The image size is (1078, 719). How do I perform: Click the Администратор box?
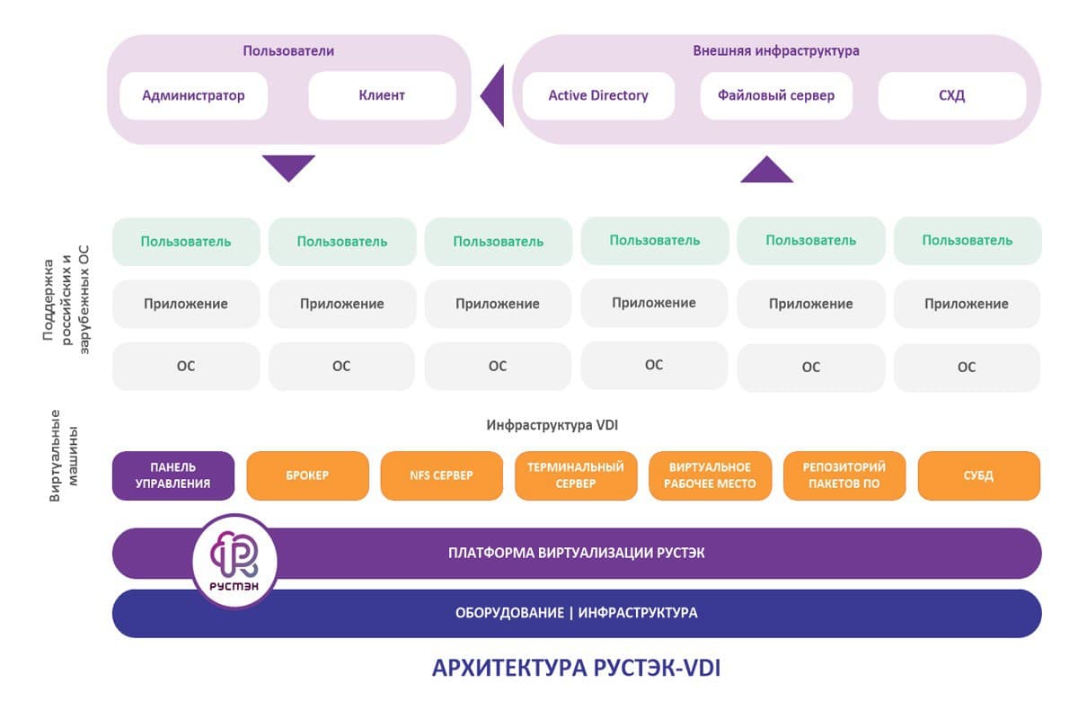(x=193, y=95)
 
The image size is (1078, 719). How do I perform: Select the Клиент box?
(x=382, y=95)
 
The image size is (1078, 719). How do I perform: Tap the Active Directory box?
(x=598, y=95)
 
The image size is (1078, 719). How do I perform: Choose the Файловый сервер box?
(x=776, y=95)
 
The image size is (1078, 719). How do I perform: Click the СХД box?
(x=952, y=95)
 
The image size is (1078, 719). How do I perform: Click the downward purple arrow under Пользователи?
(x=288, y=166)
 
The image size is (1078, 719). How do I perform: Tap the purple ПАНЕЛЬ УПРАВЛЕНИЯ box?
(x=173, y=475)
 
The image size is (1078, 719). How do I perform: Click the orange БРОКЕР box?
(x=307, y=475)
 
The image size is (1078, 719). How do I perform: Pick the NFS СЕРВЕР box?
(x=442, y=475)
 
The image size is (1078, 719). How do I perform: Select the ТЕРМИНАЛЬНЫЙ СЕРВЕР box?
(x=576, y=475)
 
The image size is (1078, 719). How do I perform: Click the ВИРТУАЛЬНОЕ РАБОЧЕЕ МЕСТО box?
(x=711, y=475)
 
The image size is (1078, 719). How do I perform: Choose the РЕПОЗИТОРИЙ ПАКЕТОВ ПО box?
(x=844, y=475)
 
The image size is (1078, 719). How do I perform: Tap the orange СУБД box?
(x=979, y=475)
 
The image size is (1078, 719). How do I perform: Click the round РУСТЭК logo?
(x=234, y=561)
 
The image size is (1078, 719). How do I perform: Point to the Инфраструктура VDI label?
(x=552, y=425)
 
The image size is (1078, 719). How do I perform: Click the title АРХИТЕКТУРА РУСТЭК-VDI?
(x=576, y=668)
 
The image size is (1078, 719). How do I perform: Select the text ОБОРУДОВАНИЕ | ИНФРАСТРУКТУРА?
(x=577, y=613)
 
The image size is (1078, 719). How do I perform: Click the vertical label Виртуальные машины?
(x=64, y=456)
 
